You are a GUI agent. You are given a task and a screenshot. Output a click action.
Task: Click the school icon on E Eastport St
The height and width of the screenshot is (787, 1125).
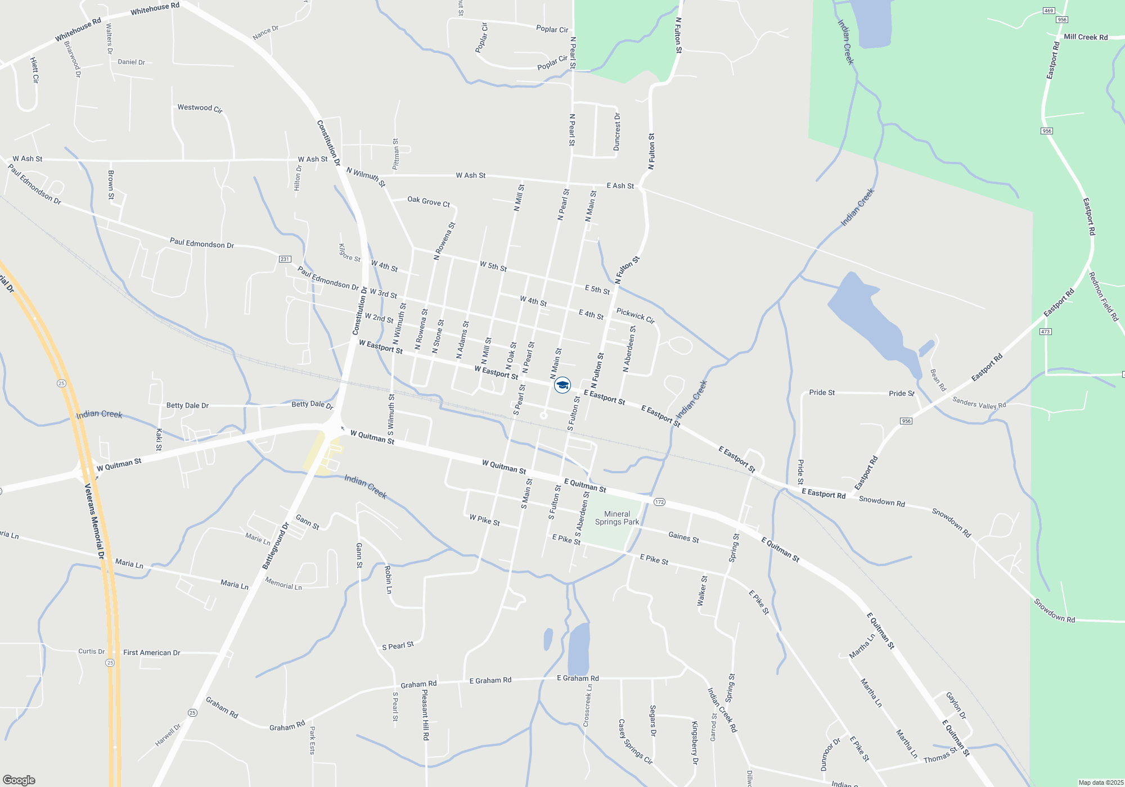[x=562, y=385]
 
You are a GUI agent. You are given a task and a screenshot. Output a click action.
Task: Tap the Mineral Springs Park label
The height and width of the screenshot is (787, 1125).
[x=617, y=518]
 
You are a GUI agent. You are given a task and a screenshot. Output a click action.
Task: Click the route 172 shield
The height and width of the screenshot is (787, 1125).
[x=659, y=502]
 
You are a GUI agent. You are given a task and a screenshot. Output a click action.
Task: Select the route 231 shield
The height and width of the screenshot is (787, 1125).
[x=285, y=259]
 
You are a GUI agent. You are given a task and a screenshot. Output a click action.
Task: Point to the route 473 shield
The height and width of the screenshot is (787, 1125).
[x=1045, y=332]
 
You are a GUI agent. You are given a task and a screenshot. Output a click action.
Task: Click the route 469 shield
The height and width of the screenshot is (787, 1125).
[x=1048, y=11]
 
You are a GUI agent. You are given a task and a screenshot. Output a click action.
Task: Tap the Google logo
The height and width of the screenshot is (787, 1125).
[x=19, y=780]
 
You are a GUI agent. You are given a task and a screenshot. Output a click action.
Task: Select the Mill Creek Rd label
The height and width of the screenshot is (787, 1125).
[x=1086, y=37]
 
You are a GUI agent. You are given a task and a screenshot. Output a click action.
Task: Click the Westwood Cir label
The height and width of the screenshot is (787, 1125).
[x=200, y=108]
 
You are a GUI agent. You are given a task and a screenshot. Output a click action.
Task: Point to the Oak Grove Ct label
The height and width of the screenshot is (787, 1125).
[x=429, y=201]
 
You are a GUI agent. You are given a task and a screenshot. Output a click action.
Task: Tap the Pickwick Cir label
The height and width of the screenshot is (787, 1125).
[x=635, y=316]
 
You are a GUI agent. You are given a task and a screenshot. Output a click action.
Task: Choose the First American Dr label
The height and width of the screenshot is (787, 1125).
[x=152, y=653]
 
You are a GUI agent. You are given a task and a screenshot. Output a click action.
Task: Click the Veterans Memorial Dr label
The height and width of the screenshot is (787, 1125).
[x=94, y=521]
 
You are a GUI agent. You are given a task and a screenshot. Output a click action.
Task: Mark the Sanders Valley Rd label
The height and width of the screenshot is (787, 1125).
[x=979, y=403]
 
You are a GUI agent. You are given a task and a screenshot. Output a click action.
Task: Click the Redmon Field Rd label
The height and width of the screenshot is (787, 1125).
[x=1104, y=296]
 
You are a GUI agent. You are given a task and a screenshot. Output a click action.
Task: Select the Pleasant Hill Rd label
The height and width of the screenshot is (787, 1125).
[x=426, y=714]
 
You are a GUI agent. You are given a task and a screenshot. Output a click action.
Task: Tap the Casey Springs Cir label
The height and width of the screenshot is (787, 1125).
[x=635, y=741]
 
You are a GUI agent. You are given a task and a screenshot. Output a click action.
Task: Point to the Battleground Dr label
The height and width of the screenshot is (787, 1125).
[x=276, y=546]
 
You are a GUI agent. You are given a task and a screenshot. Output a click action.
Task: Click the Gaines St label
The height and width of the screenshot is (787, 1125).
[x=683, y=537]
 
